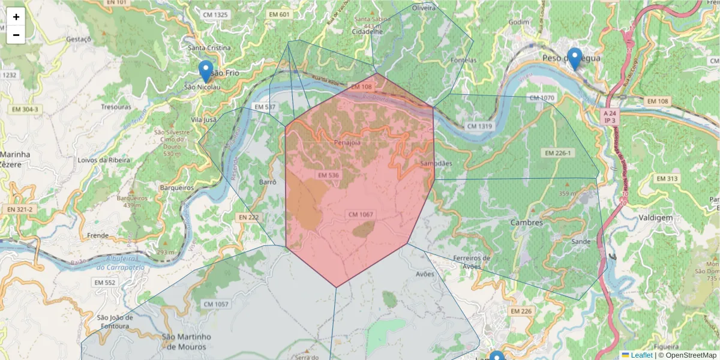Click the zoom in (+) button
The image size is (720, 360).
[x=16, y=17]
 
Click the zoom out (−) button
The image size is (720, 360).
[x=16, y=35]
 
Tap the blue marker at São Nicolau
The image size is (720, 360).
[x=206, y=71]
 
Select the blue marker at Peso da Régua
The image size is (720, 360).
[x=575, y=59]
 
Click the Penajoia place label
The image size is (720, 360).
[x=348, y=143]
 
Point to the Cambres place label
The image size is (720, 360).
[x=526, y=223]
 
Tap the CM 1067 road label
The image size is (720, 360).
[x=361, y=215]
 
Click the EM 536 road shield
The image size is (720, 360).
[x=329, y=175]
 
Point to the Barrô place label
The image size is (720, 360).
[x=267, y=182]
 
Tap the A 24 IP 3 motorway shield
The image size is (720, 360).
[x=610, y=116]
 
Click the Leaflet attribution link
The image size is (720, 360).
[x=641, y=355]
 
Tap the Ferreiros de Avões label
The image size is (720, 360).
[x=472, y=262]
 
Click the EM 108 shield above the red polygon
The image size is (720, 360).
[x=361, y=87]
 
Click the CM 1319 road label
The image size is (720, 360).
[x=479, y=126]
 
